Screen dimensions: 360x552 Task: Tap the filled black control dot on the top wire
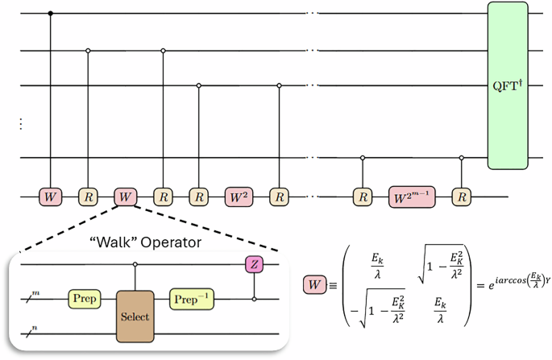52,14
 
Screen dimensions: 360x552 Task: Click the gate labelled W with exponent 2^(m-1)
412,196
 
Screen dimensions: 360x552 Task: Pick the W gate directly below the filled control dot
52,196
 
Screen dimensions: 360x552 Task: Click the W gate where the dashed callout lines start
125,196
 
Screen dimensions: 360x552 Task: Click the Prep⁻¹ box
192,299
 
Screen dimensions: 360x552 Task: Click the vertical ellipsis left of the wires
20,125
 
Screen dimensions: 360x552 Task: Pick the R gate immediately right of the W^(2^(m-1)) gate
461,196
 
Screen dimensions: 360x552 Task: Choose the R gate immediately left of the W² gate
199,196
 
